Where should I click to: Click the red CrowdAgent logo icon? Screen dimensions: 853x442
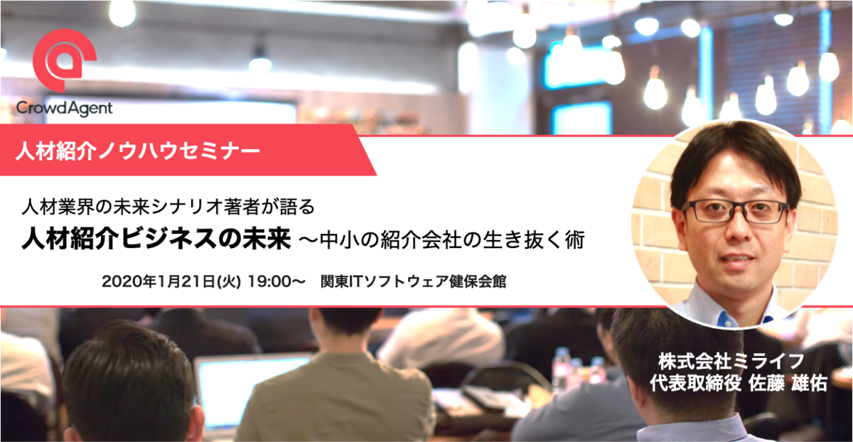click(x=64, y=60)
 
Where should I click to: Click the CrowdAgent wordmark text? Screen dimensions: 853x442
click(x=64, y=109)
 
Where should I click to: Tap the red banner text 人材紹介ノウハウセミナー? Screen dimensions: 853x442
click(x=138, y=151)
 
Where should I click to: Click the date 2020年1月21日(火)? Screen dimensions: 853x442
click(x=171, y=281)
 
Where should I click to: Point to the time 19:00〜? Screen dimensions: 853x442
click(x=277, y=281)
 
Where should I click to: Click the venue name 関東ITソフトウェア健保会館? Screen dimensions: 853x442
click(x=413, y=281)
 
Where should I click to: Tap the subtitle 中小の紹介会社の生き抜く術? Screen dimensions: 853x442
click(x=452, y=240)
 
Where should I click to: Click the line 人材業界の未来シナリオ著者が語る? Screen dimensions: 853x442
click(x=168, y=207)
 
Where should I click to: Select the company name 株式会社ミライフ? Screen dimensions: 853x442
click(x=731, y=361)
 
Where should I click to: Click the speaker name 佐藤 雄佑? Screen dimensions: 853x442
click(x=788, y=383)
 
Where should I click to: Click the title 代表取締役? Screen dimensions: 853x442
click(x=695, y=383)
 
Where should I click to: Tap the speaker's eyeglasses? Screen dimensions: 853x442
click(x=735, y=212)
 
